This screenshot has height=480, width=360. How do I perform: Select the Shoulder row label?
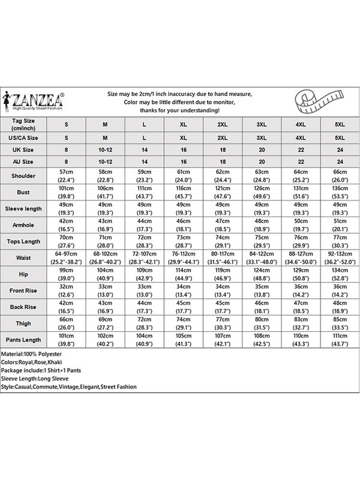23,176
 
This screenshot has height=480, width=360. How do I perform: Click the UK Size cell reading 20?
262,149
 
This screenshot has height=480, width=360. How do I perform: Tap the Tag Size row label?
23,124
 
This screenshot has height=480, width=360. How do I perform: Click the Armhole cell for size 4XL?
301,225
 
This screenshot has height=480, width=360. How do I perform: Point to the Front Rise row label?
23,291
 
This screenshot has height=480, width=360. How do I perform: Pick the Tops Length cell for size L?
144,242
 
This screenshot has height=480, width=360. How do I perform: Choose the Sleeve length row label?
23,209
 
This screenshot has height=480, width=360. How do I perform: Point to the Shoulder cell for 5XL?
340,176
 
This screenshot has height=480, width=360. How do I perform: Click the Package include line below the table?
40,371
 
